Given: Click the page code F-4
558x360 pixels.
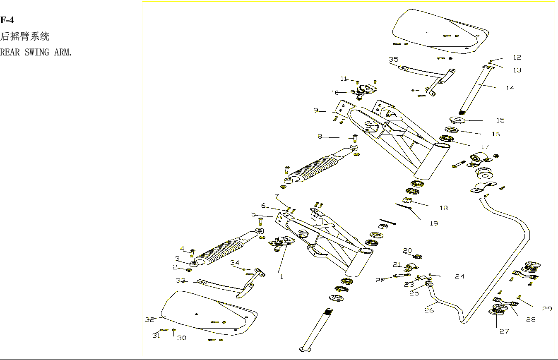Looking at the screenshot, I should [x=7, y=20].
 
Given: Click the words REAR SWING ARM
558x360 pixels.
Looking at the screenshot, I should [x=36, y=53].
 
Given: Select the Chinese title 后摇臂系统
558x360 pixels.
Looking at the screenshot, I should [x=25, y=37].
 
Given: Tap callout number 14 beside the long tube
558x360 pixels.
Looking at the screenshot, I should [x=510, y=88].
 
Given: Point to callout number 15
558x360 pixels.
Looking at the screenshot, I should [x=500, y=120].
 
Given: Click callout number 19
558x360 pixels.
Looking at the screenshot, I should [x=434, y=223].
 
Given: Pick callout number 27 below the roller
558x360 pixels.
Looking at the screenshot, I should [x=504, y=331].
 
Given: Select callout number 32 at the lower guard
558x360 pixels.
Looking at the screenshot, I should [x=149, y=319].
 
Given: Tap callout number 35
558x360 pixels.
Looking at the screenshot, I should [x=393, y=60].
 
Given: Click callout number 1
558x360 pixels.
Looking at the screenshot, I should [x=281, y=277].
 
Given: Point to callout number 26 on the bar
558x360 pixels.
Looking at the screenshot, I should [x=429, y=310].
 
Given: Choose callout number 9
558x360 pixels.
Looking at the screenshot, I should [x=316, y=110].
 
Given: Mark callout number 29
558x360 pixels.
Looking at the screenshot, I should [x=547, y=309].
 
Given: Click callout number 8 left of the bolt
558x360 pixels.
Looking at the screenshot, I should [x=320, y=136].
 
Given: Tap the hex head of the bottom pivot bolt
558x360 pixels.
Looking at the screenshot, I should [x=305, y=350].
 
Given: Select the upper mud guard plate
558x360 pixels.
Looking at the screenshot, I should [x=439, y=31].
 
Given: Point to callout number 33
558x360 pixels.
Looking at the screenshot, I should [x=180, y=281].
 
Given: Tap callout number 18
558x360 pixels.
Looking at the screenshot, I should [x=444, y=208].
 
